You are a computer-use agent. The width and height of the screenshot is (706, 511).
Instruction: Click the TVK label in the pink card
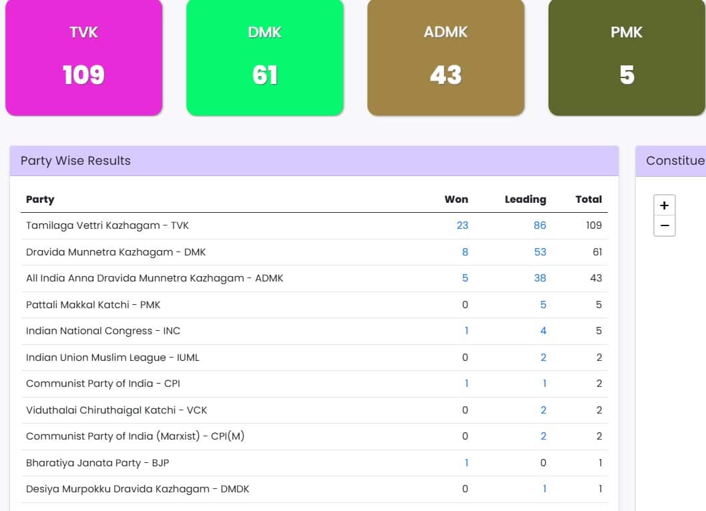83,33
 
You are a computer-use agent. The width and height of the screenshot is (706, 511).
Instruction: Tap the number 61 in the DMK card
264,75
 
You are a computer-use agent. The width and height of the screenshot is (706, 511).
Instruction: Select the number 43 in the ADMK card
446,75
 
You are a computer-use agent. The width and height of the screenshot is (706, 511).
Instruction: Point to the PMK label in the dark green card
627,33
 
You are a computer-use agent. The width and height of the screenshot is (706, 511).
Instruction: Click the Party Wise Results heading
75,161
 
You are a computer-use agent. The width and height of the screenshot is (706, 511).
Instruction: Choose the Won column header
456,199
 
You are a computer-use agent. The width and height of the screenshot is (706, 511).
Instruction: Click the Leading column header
525,199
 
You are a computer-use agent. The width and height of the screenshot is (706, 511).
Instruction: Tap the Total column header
588,199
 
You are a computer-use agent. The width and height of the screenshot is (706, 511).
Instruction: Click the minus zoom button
665,225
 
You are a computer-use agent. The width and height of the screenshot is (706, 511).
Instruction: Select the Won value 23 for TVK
462,225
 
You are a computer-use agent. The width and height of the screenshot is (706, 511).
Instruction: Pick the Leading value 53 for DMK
540,252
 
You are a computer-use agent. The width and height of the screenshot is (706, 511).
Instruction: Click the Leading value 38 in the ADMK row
540,278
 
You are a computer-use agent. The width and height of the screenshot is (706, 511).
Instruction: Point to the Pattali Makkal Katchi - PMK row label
94,304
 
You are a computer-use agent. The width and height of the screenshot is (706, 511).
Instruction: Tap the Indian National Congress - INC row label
103,331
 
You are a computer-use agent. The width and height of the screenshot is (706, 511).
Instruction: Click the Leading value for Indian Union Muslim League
544,358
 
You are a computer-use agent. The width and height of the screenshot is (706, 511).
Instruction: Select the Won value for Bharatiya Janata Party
466,462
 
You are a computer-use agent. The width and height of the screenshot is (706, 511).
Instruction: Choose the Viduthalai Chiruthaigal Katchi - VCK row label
117,410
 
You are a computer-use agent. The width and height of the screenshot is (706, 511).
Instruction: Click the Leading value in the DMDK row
544,489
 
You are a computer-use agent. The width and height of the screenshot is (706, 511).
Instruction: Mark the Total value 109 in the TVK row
594,225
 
